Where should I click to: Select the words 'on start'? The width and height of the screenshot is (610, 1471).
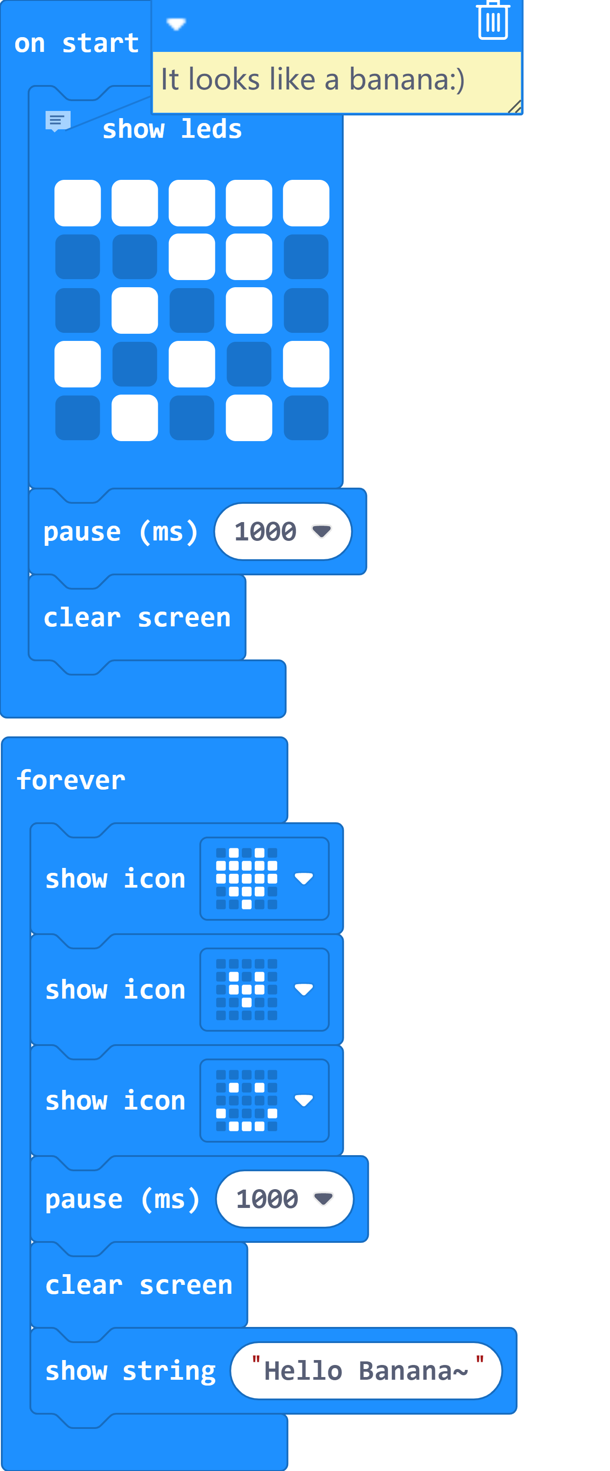76,43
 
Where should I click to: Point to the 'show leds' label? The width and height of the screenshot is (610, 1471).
172,129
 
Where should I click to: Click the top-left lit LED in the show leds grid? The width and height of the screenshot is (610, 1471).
78,203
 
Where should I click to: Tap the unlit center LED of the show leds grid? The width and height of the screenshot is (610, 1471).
192,310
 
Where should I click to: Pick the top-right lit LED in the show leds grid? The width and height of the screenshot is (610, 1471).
306,203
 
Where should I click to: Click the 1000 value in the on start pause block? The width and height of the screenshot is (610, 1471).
265,531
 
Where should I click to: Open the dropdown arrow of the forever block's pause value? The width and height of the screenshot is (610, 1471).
324,1199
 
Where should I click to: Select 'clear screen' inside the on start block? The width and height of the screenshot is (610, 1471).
137,618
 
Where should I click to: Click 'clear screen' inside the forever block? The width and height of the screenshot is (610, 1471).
139,1285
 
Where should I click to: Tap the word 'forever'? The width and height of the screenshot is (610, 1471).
71,780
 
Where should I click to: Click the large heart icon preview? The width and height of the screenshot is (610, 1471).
247,878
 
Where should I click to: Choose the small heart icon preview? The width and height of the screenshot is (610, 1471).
247,990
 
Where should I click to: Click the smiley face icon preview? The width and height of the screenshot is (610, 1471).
247,1101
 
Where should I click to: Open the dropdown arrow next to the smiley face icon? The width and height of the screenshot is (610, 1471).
303,1101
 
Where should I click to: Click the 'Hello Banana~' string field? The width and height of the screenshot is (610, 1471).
366,1370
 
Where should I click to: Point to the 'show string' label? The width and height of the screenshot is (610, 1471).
130,1370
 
